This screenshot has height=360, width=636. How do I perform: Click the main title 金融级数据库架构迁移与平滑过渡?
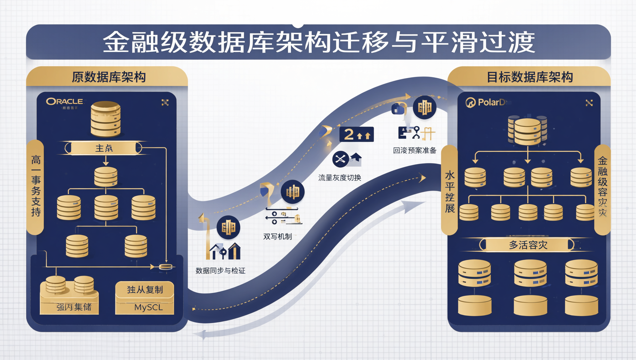[318, 42]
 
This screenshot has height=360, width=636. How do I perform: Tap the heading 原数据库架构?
[108, 77]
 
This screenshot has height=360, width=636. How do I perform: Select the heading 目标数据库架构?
[529, 77]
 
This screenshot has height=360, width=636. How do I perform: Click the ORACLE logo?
[64, 102]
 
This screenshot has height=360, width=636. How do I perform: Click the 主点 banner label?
[104, 148]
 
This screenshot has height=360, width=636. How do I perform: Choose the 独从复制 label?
[145, 289]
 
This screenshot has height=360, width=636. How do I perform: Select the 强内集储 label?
[74, 307]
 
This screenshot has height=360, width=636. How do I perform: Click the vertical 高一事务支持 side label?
[36, 186]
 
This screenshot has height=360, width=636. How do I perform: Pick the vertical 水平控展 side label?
[450, 192]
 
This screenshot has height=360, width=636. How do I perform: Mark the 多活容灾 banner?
[528, 245]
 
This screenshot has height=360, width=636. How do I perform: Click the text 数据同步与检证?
[220, 271]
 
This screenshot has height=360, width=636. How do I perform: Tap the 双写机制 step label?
[277, 237]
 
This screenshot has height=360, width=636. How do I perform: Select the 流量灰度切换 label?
[339, 178]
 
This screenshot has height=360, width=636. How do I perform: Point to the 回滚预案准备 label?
[414, 151]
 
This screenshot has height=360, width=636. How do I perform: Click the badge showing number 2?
[356, 134]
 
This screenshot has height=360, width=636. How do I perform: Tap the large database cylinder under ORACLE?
[106, 119]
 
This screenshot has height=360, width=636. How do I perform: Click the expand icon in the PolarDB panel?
[589, 103]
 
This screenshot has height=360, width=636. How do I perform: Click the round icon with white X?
[340, 159]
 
